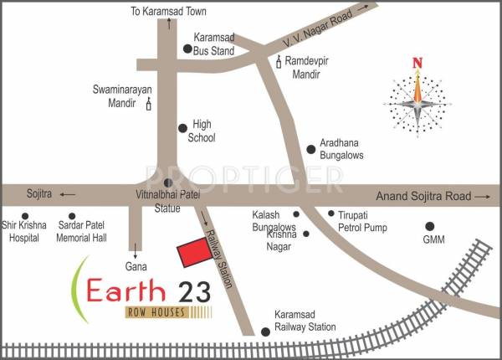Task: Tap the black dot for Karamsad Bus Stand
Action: point(187,49)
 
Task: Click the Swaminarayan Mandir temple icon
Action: point(150,104)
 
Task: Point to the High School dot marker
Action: point(182,129)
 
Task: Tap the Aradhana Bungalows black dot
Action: point(311,150)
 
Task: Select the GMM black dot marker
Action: point(430,226)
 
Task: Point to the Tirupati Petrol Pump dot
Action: point(330,214)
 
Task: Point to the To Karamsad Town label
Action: point(169,11)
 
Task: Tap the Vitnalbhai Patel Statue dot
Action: point(167,183)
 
